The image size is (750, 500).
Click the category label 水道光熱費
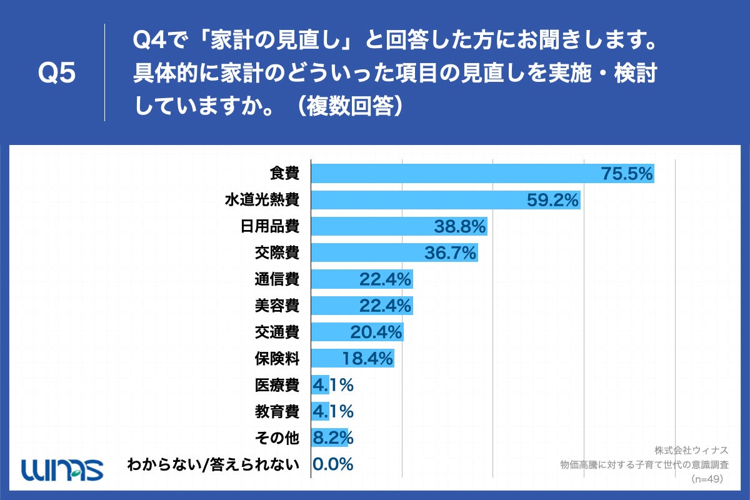[x=262, y=201]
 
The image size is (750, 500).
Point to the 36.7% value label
[x=451, y=253]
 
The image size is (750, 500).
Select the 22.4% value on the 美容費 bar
[x=385, y=306]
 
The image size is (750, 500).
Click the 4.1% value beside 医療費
[x=333, y=386]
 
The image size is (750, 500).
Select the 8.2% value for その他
[x=333, y=438]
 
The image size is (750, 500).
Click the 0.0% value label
[x=333, y=464]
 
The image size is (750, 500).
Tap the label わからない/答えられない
[x=213, y=464]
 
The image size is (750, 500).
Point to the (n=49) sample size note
[x=707, y=479]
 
